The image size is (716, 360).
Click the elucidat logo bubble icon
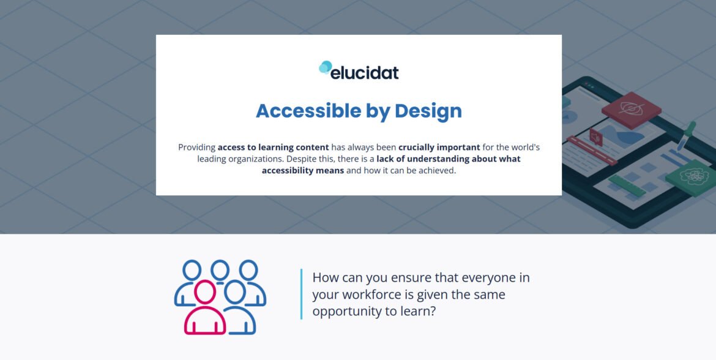tap(325, 67)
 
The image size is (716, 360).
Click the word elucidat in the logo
tap(364, 72)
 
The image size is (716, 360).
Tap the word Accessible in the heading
tap(308, 111)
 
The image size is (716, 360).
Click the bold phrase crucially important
tap(439, 148)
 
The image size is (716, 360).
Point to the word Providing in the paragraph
tap(196, 148)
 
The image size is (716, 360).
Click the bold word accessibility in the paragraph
tap(303, 171)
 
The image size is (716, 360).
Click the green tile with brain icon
tap(691, 178)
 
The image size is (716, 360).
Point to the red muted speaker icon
tap(596, 137)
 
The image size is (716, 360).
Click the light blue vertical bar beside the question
tap(301, 294)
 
